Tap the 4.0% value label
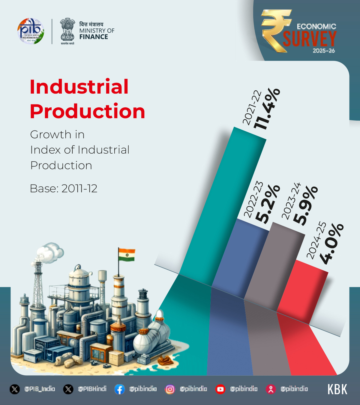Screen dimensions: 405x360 [331, 244]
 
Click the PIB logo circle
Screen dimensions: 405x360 [31, 31]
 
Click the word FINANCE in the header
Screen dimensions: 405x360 [94, 37]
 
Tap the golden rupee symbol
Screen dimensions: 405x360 [274, 30]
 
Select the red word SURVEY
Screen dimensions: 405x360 [309, 39]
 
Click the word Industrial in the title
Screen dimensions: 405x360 [79, 87]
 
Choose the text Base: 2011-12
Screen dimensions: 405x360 [64, 189]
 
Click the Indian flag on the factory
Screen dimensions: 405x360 [127, 255]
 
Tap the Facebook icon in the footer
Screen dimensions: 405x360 [119, 389]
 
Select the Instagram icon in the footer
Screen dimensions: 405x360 [170, 389]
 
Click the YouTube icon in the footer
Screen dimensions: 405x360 [220, 389]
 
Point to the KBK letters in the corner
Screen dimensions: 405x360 [337, 389]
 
